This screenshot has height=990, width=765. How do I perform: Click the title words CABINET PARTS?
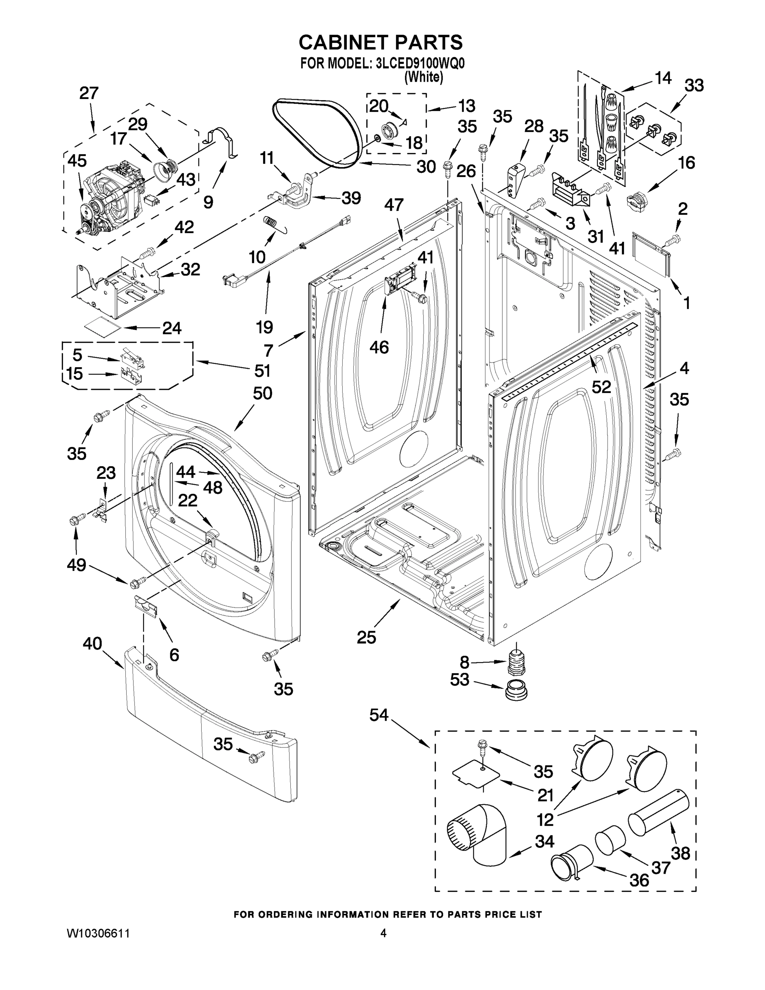(x=381, y=42)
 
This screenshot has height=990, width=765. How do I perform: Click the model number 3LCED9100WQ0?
(x=420, y=63)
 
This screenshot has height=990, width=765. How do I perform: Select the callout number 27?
(x=88, y=93)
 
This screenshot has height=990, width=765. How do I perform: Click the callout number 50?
(x=262, y=393)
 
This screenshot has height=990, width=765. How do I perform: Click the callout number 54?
(x=379, y=715)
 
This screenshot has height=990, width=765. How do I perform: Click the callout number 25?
(x=366, y=637)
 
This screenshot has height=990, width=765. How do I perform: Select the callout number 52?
(x=601, y=387)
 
